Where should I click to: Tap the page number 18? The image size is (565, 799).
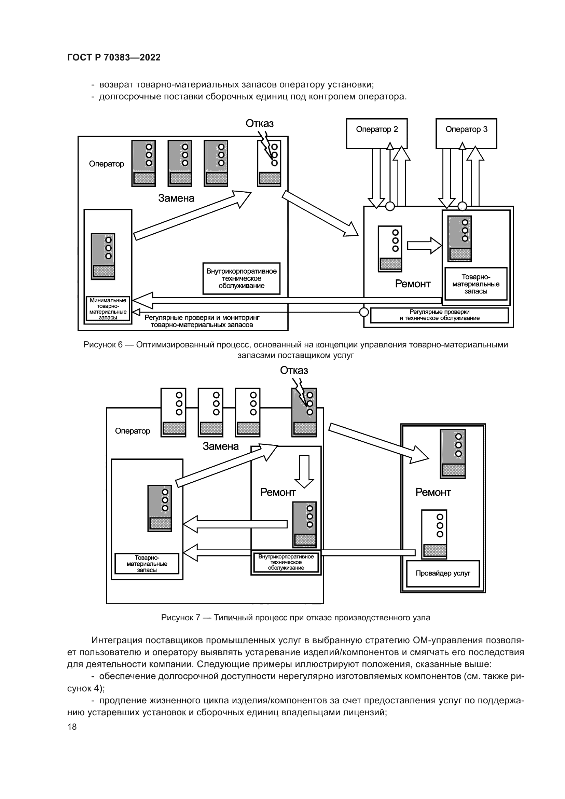[x=72, y=727]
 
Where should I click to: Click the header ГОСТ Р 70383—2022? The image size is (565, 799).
[x=114, y=57]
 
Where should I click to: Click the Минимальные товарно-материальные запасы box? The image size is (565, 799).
[x=108, y=309]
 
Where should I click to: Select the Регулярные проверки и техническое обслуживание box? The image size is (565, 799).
[x=439, y=315]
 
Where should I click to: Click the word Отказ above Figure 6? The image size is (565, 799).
[x=260, y=124]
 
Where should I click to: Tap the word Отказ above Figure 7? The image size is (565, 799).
[x=294, y=370]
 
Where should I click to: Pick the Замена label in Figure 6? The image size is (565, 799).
[x=176, y=198]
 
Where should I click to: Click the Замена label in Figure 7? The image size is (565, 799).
[x=221, y=446]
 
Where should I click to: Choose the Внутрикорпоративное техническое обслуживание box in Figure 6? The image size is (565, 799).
[x=242, y=278]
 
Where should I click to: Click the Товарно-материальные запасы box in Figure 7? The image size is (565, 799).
[x=147, y=563]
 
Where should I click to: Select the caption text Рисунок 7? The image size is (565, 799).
[x=295, y=618]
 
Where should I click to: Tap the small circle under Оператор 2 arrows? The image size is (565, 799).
[x=390, y=206]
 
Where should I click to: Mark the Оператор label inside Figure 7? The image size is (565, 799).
[x=133, y=431]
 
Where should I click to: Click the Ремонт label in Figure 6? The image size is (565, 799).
[x=413, y=284]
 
